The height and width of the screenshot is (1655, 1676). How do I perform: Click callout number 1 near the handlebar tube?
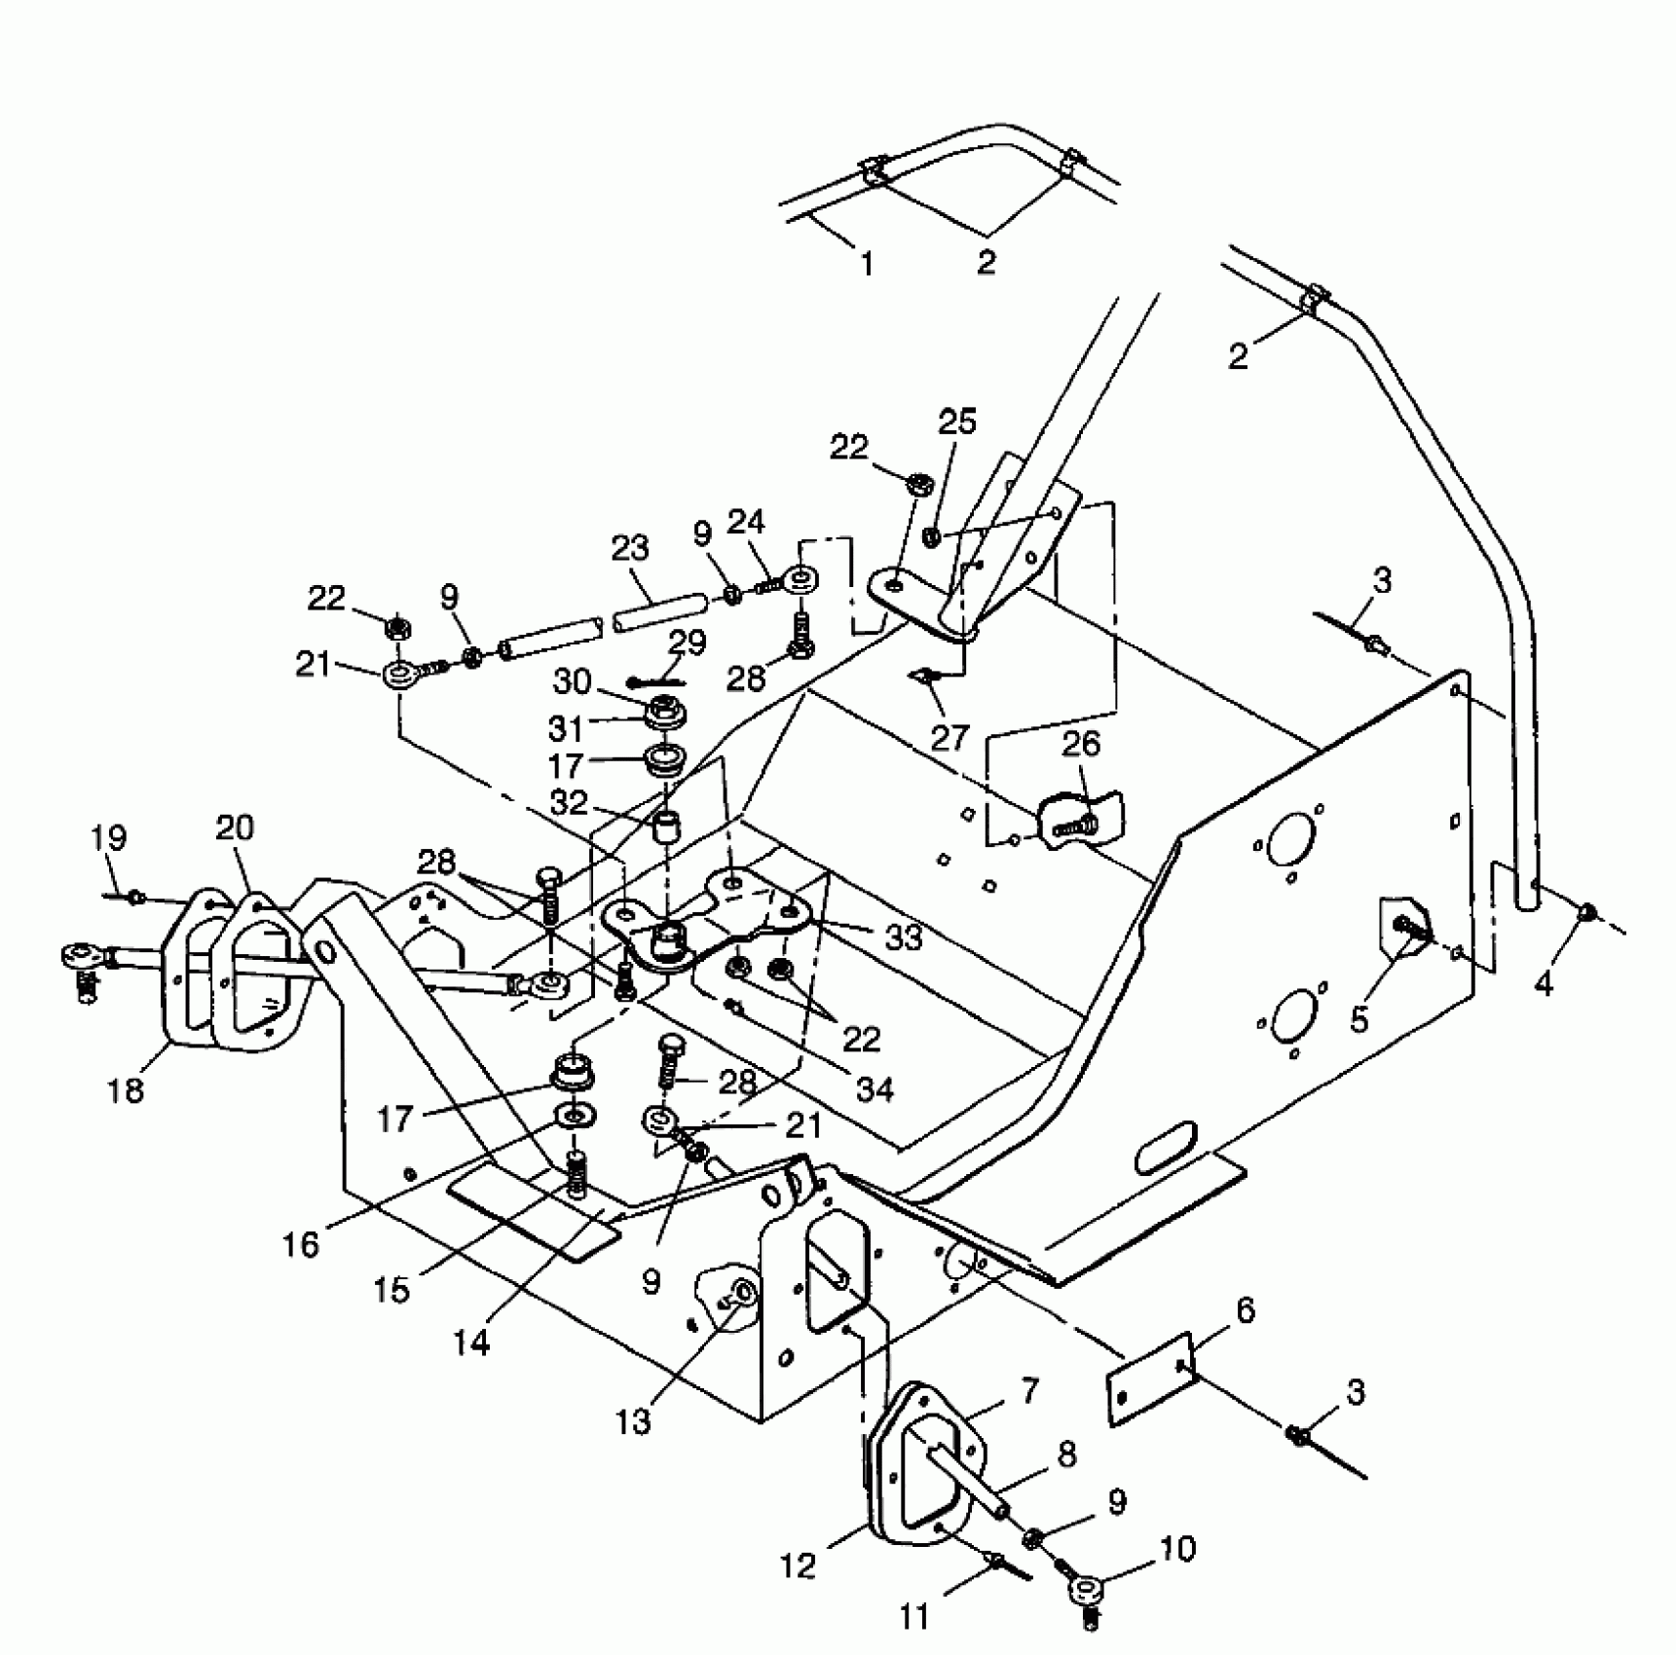click(x=866, y=263)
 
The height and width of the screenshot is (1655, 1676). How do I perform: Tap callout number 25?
click(x=956, y=423)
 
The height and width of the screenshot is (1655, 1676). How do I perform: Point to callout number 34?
click(x=874, y=1088)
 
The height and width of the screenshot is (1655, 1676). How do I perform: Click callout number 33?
click(x=903, y=937)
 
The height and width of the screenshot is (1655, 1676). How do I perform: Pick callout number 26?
click(x=1080, y=745)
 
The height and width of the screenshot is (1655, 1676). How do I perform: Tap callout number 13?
click(x=632, y=1422)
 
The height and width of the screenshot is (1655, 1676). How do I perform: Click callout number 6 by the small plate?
click(x=1245, y=1310)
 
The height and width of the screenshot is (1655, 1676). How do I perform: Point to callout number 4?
click(x=1544, y=984)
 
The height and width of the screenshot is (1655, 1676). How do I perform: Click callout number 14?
click(x=471, y=1343)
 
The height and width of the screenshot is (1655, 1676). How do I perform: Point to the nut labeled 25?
click(x=931, y=535)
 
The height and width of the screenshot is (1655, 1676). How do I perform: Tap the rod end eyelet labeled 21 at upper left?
click(x=399, y=674)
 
